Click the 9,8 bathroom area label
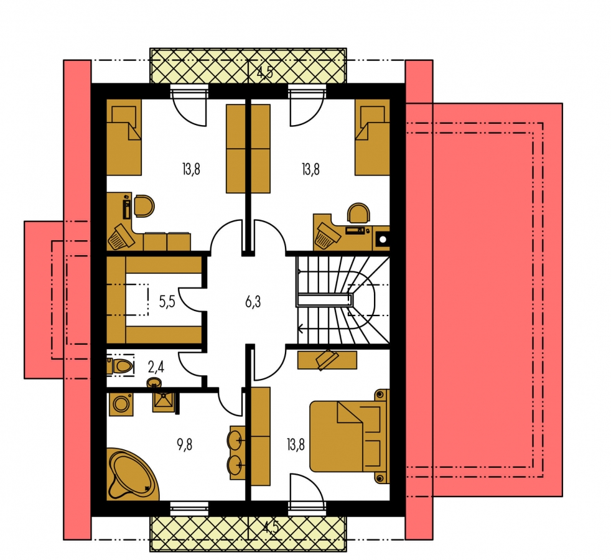(185, 445)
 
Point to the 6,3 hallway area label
(253, 302)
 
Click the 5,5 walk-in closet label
(167, 302)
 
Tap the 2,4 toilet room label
(156, 366)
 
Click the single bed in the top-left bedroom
(124, 137)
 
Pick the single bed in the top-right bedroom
(372, 137)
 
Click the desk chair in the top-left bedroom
(144, 206)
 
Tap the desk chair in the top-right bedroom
(358, 213)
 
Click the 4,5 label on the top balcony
(265, 72)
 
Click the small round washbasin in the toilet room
(154, 383)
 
